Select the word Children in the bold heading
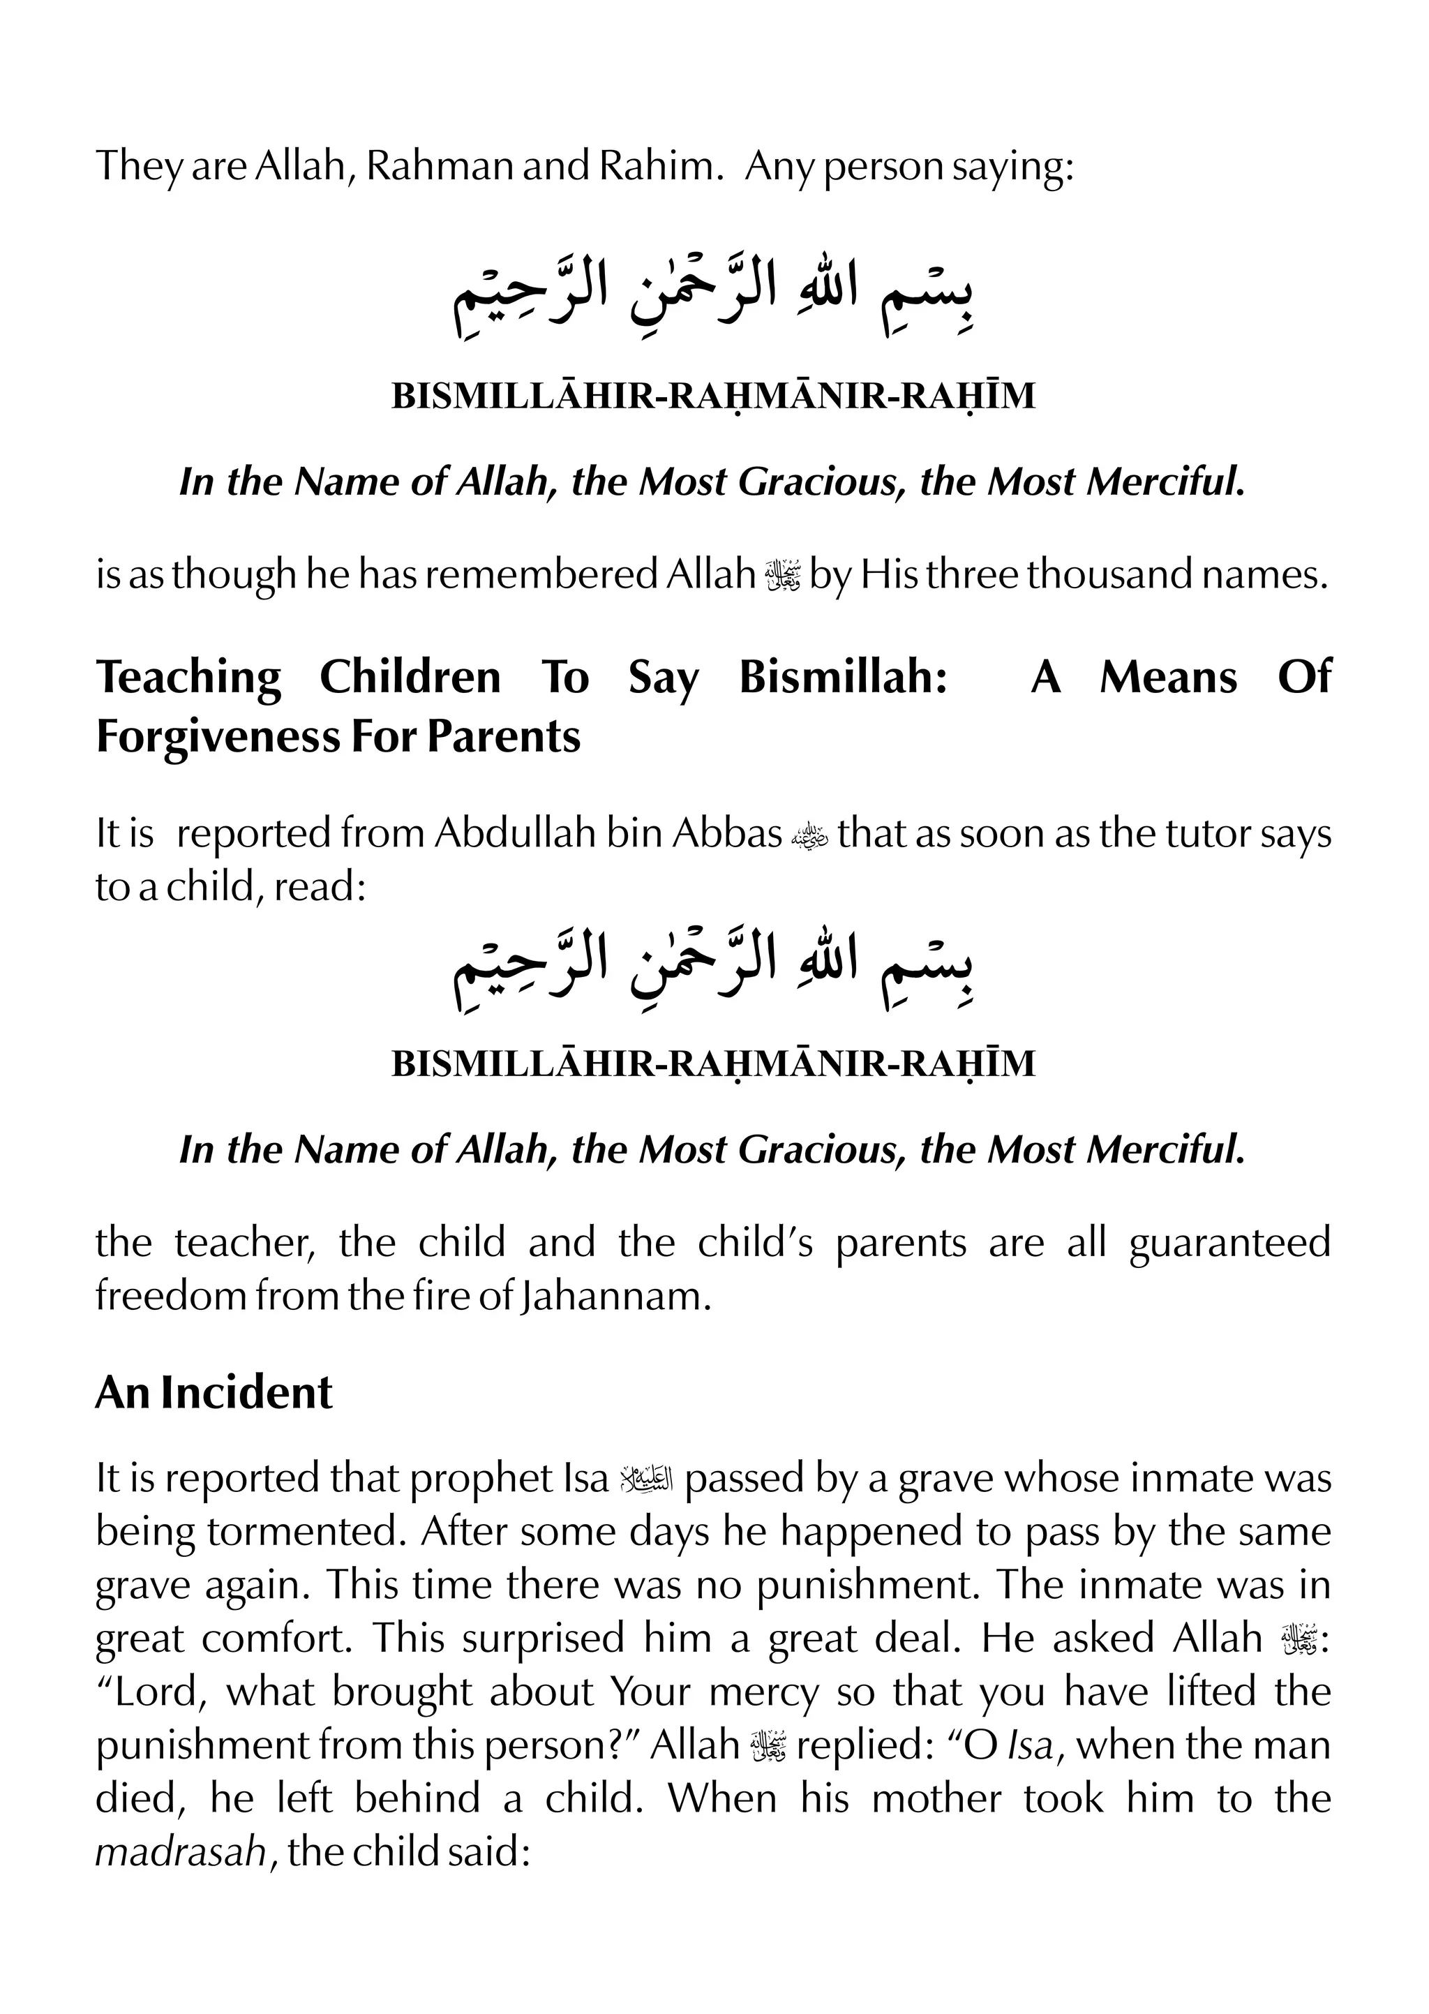click(x=410, y=678)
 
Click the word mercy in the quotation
click(x=764, y=1692)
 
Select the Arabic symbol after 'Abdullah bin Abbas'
click(x=809, y=834)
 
